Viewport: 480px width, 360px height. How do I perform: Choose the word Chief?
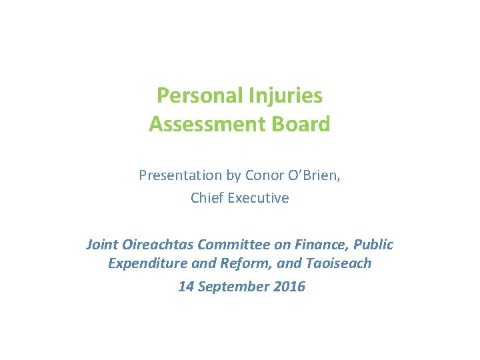click(206, 198)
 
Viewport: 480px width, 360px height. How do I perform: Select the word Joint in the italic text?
click(101, 245)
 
